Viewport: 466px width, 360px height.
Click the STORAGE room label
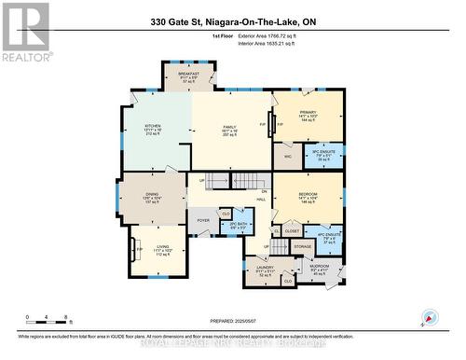point(302,247)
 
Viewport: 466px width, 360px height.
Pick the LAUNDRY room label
point(263,268)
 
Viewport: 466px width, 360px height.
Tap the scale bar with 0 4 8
point(48,318)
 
